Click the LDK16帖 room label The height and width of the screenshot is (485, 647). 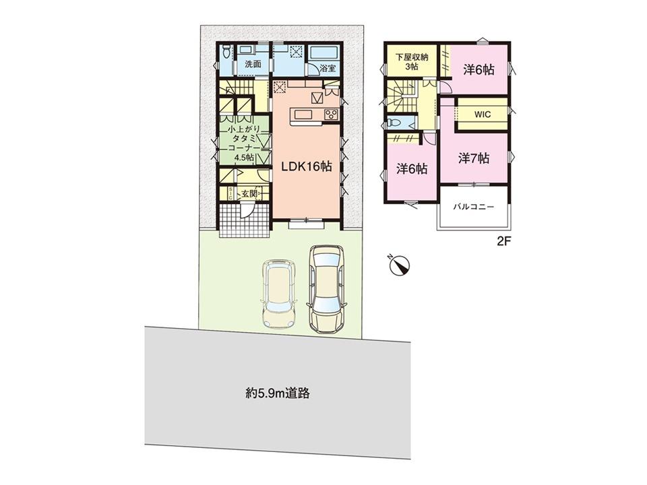(307, 166)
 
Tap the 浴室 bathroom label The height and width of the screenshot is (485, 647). (328, 69)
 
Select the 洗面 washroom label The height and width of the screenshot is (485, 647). (253, 65)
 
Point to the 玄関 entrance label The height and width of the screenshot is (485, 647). (249, 193)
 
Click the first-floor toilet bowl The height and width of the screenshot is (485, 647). (226, 52)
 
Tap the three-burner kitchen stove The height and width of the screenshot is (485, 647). (332, 115)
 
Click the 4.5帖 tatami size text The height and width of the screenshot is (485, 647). (244, 158)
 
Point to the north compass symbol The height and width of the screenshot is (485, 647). (398, 265)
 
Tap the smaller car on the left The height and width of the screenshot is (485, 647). (279, 293)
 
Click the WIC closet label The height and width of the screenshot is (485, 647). (483, 115)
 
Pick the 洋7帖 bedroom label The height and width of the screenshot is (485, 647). (474, 158)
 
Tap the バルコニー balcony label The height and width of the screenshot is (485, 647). (473, 207)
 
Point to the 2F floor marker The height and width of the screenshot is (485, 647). (504, 241)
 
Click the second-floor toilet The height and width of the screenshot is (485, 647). (393, 123)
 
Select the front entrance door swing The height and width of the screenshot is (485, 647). (247, 209)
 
